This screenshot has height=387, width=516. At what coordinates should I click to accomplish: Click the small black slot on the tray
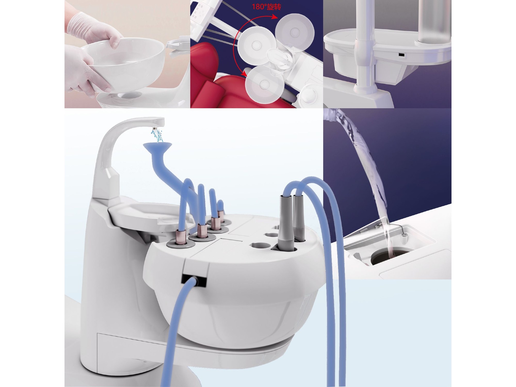tap(402, 55)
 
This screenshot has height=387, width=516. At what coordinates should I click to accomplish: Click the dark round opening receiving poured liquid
tap(392, 255)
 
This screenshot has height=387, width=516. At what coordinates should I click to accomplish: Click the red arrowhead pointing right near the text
tap(275, 17)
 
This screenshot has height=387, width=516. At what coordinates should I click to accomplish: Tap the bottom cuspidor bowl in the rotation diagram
tap(263, 84)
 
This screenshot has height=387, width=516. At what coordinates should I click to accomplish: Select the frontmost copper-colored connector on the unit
tap(181, 236)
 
